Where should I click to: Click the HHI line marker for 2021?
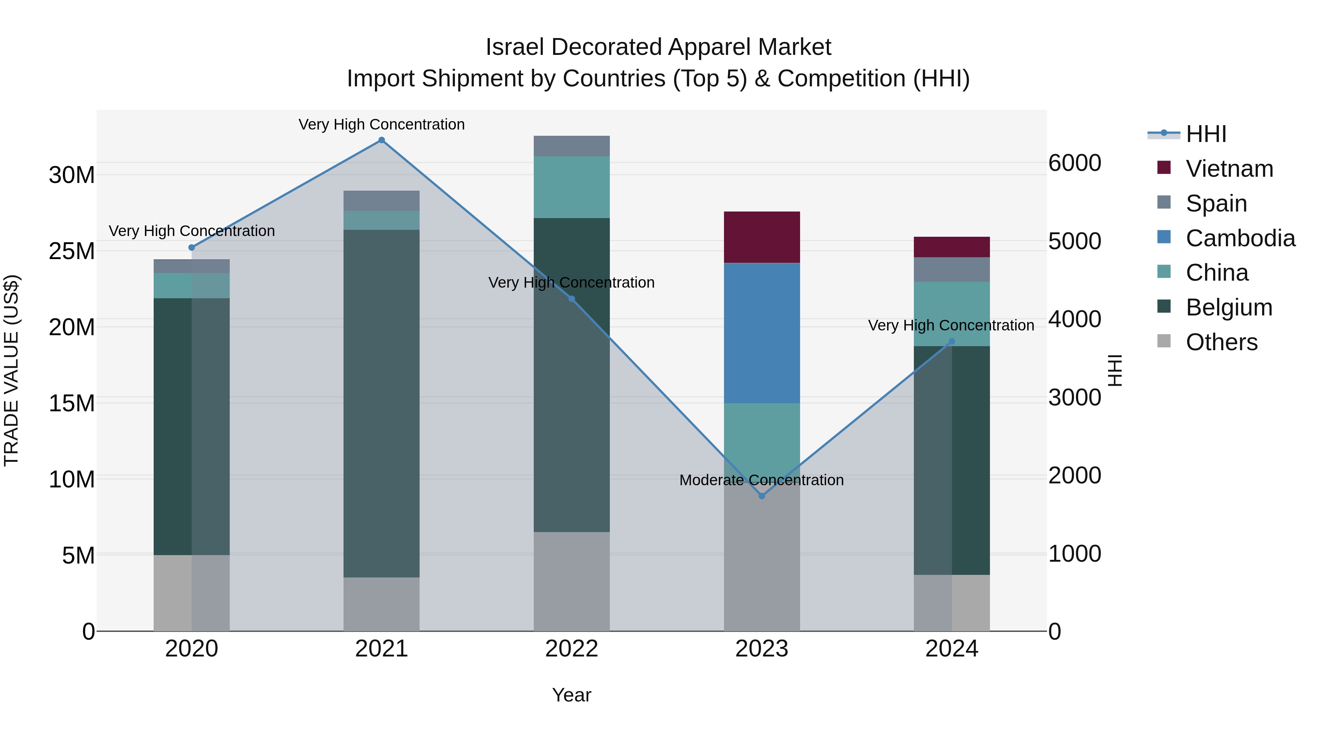(382, 140)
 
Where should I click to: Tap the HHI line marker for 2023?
(762, 496)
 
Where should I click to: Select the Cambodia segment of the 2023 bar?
(762, 333)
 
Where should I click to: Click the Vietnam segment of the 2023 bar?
(762, 237)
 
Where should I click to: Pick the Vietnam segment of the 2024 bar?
(952, 247)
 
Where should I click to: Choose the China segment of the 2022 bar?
(571, 187)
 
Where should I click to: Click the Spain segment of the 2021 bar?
(382, 201)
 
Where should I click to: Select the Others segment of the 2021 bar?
(382, 604)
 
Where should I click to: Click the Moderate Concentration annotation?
(761, 480)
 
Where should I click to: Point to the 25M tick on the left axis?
(72, 251)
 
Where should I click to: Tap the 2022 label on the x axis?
(571, 649)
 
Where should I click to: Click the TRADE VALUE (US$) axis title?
(11, 370)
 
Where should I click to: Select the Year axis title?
(571, 695)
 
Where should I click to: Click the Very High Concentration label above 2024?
(951, 325)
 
